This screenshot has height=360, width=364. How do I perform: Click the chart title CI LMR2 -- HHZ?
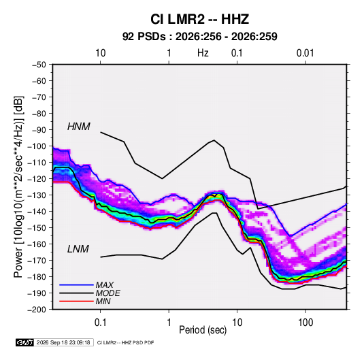coord(199,19)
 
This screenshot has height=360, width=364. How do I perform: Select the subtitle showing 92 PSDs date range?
coord(199,37)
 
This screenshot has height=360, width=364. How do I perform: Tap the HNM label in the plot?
coord(79,127)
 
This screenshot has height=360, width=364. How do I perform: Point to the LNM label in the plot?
coord(78,249)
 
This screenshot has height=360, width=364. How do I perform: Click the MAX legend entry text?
coord(105,284)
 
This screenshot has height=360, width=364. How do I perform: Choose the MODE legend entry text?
coord(107,293)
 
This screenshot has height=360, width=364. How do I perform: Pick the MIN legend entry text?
coord(103,301)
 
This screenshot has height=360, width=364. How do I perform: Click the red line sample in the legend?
coord(76,301)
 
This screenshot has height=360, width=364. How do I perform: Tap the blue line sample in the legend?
coord(76,284)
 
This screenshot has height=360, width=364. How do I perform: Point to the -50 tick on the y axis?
coord(39,65)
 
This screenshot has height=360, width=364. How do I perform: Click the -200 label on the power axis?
coord(37,310)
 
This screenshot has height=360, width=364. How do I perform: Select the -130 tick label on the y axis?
coord(37,195)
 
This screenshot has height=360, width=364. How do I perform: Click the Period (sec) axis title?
coord(203,330)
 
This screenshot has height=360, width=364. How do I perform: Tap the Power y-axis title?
coord(18,187)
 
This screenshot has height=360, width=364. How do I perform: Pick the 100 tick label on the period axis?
coord(305,323)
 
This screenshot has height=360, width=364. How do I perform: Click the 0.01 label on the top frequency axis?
coord(305,53)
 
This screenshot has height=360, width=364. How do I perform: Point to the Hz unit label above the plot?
coord(203,53)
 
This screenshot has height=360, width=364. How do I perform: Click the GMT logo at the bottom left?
coord(25,342)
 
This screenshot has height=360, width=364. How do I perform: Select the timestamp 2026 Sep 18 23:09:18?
coord(63,342)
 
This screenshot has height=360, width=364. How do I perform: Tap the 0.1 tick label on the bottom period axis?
coord(100,323)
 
